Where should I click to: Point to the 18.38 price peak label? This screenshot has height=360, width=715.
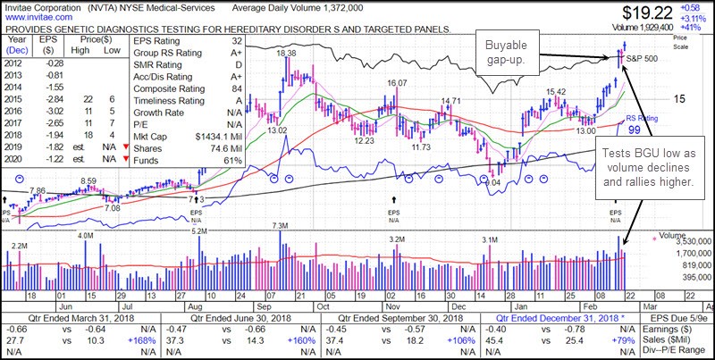click(x=287, y=54)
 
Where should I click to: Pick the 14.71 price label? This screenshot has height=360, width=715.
click(x=452, y=101)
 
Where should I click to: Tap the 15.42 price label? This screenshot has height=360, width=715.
click(x=556, y=91)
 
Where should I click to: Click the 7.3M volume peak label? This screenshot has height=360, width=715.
click(x=281, y=226)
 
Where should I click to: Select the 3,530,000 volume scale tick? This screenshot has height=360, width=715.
click(x=681, y=240)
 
